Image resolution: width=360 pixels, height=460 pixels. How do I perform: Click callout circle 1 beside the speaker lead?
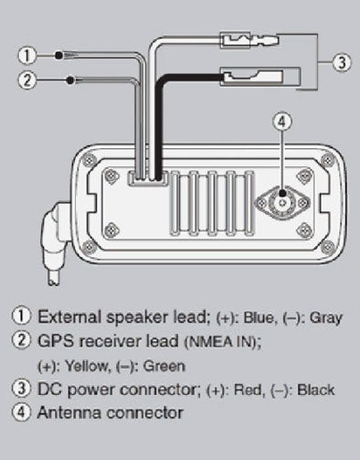[27, 56]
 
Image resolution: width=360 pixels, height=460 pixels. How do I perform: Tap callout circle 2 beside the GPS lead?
[27, 80]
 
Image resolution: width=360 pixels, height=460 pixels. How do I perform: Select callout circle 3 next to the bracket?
[342, 62]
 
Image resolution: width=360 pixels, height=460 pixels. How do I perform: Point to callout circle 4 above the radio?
[282, 122]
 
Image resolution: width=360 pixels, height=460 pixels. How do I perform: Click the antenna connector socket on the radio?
[282, 202]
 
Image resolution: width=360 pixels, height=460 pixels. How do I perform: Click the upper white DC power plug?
[249, 39]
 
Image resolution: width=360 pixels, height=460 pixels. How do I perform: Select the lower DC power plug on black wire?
[260, 76]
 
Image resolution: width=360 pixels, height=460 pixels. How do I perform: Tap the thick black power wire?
[158, 122]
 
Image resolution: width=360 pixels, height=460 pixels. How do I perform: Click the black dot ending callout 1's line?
[58, 56]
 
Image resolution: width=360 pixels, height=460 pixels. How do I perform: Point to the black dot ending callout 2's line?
[70, 80]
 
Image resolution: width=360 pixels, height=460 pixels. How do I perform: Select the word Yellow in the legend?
[87, 366]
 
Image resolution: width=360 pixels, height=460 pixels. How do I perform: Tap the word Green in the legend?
[164, 366]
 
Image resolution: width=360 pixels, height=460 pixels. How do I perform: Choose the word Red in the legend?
[248, 390]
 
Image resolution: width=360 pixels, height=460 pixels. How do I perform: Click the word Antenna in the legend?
[69, 412]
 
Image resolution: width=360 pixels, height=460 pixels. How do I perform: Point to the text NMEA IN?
[219, 342]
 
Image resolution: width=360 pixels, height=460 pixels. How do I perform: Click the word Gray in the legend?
[326, 318]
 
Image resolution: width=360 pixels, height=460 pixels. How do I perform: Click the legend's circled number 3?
[21, 389]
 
